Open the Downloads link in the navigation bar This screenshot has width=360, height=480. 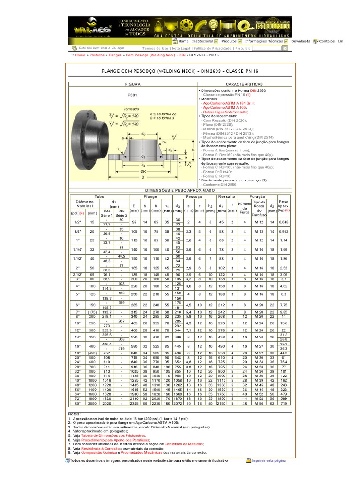tap(300, 41)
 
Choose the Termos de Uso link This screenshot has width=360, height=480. tap(155, 48)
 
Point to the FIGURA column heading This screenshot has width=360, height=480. tap(132, 84)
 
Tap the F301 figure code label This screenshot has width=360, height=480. tap(133, 95)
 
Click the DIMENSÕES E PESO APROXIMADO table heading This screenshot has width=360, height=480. tap(187, 191)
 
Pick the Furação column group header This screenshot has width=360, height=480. tap(257, 196)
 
